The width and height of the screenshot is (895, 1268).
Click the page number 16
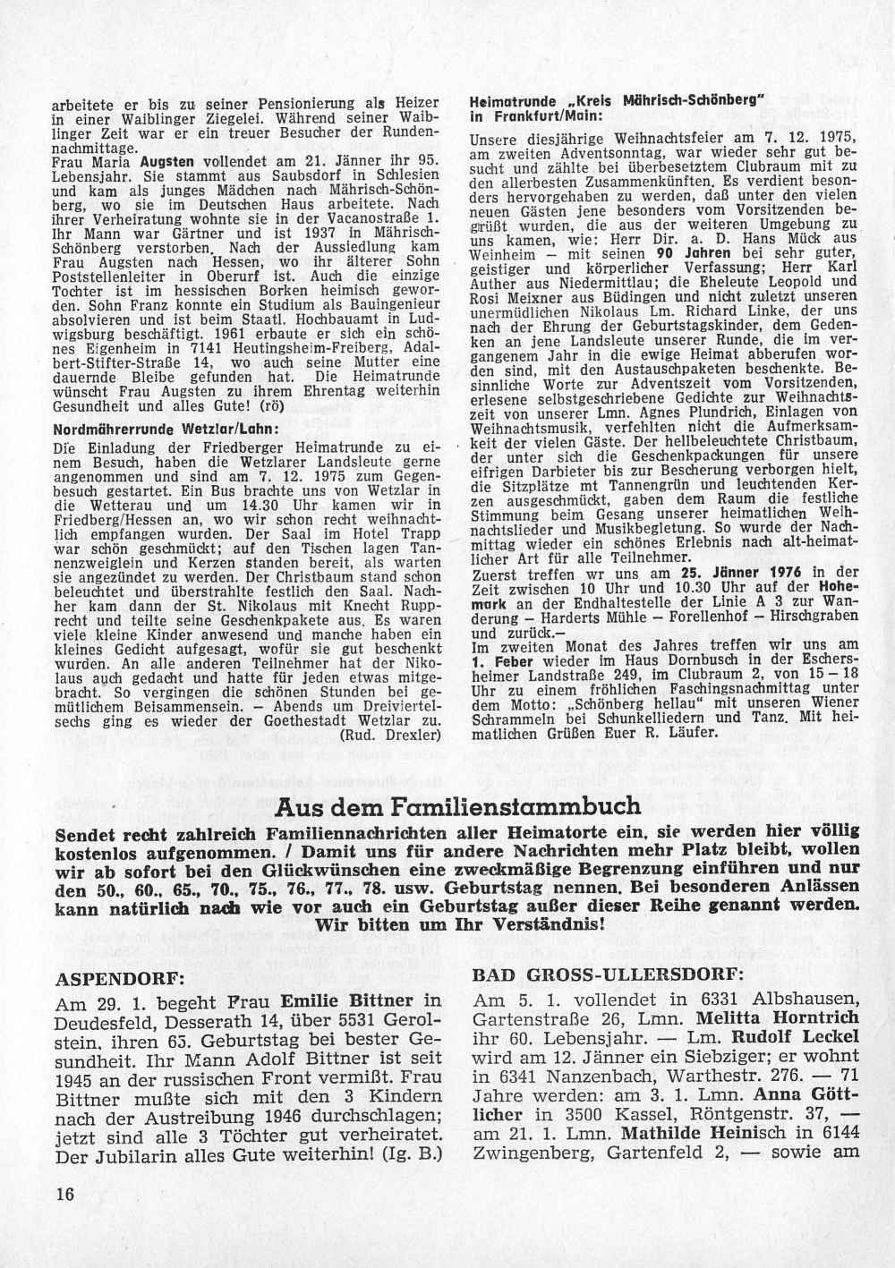point(65,1195)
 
